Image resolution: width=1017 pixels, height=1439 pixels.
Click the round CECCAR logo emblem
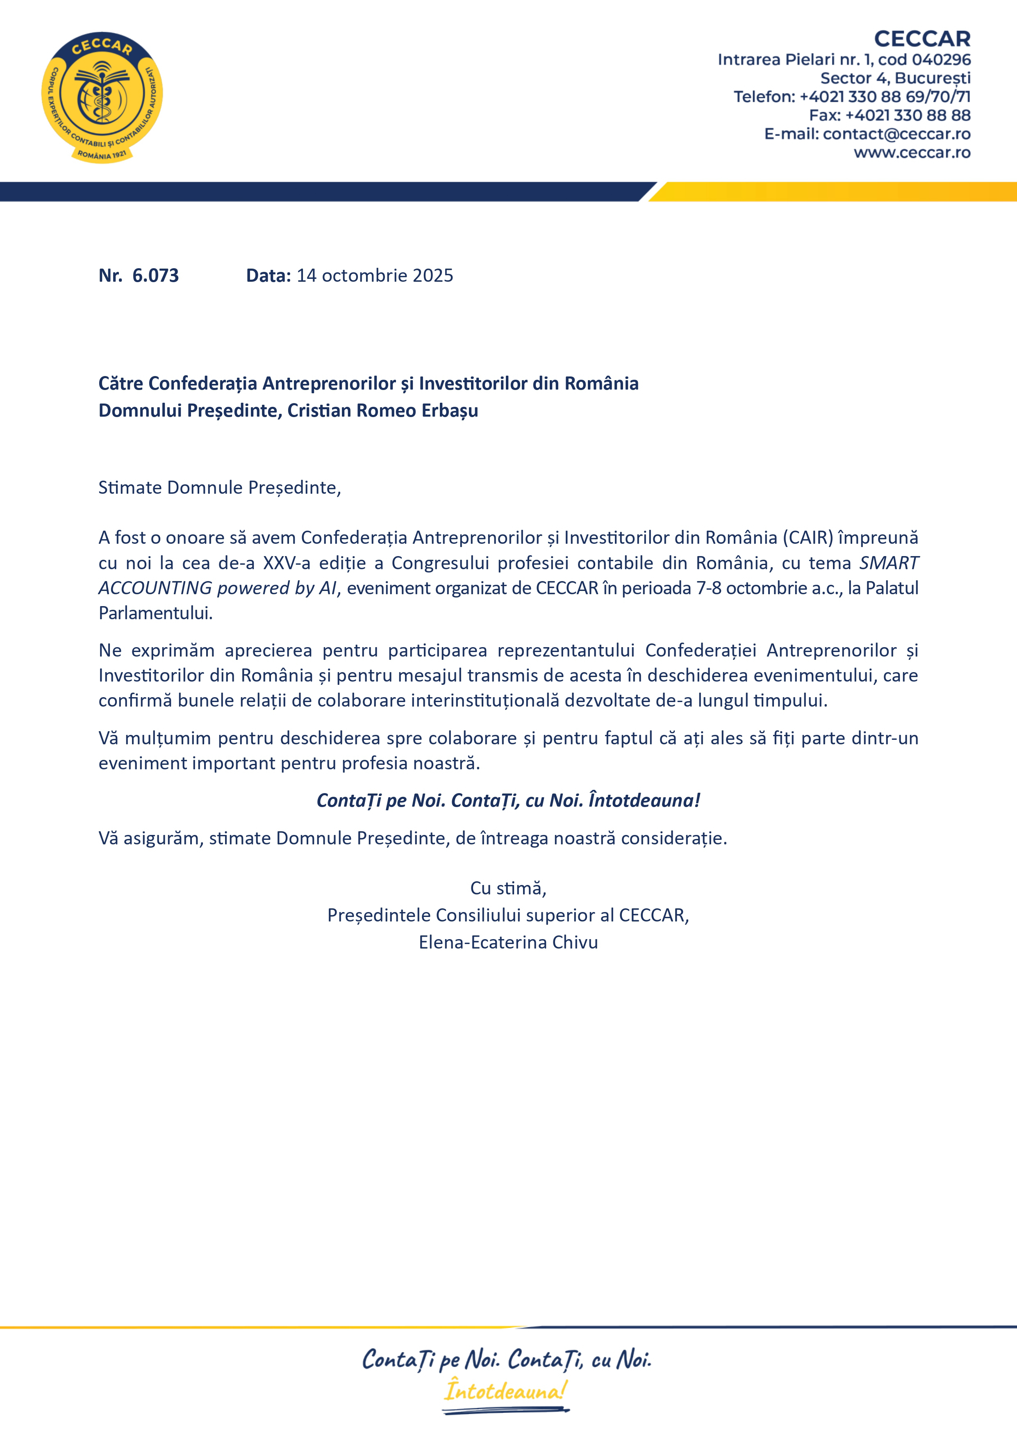[x=102, y=97]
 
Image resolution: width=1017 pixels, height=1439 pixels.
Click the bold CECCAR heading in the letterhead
[x=922, y=39]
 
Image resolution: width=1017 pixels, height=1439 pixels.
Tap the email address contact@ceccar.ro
[x=896, y=134]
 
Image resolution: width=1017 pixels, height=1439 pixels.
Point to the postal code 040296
[x=941, y=59]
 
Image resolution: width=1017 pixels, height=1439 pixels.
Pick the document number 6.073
[x=155, y=276]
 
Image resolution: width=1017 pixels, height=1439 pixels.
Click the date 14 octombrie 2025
[x=375, y=276]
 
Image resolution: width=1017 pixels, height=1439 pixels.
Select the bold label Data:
[x=268, y=276]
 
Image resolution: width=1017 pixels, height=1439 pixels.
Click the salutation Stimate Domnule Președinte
[x=219, y=488]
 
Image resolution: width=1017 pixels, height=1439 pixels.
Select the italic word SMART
[x=889, y=563]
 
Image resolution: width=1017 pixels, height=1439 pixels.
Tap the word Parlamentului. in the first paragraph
[x=155, y=613]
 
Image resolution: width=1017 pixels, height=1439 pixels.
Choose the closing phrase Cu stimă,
[x=508, y=888]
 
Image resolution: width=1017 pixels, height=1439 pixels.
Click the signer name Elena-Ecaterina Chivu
[x=508, y=943]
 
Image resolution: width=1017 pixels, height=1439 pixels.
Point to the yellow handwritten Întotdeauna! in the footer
[x=505, y=1391]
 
